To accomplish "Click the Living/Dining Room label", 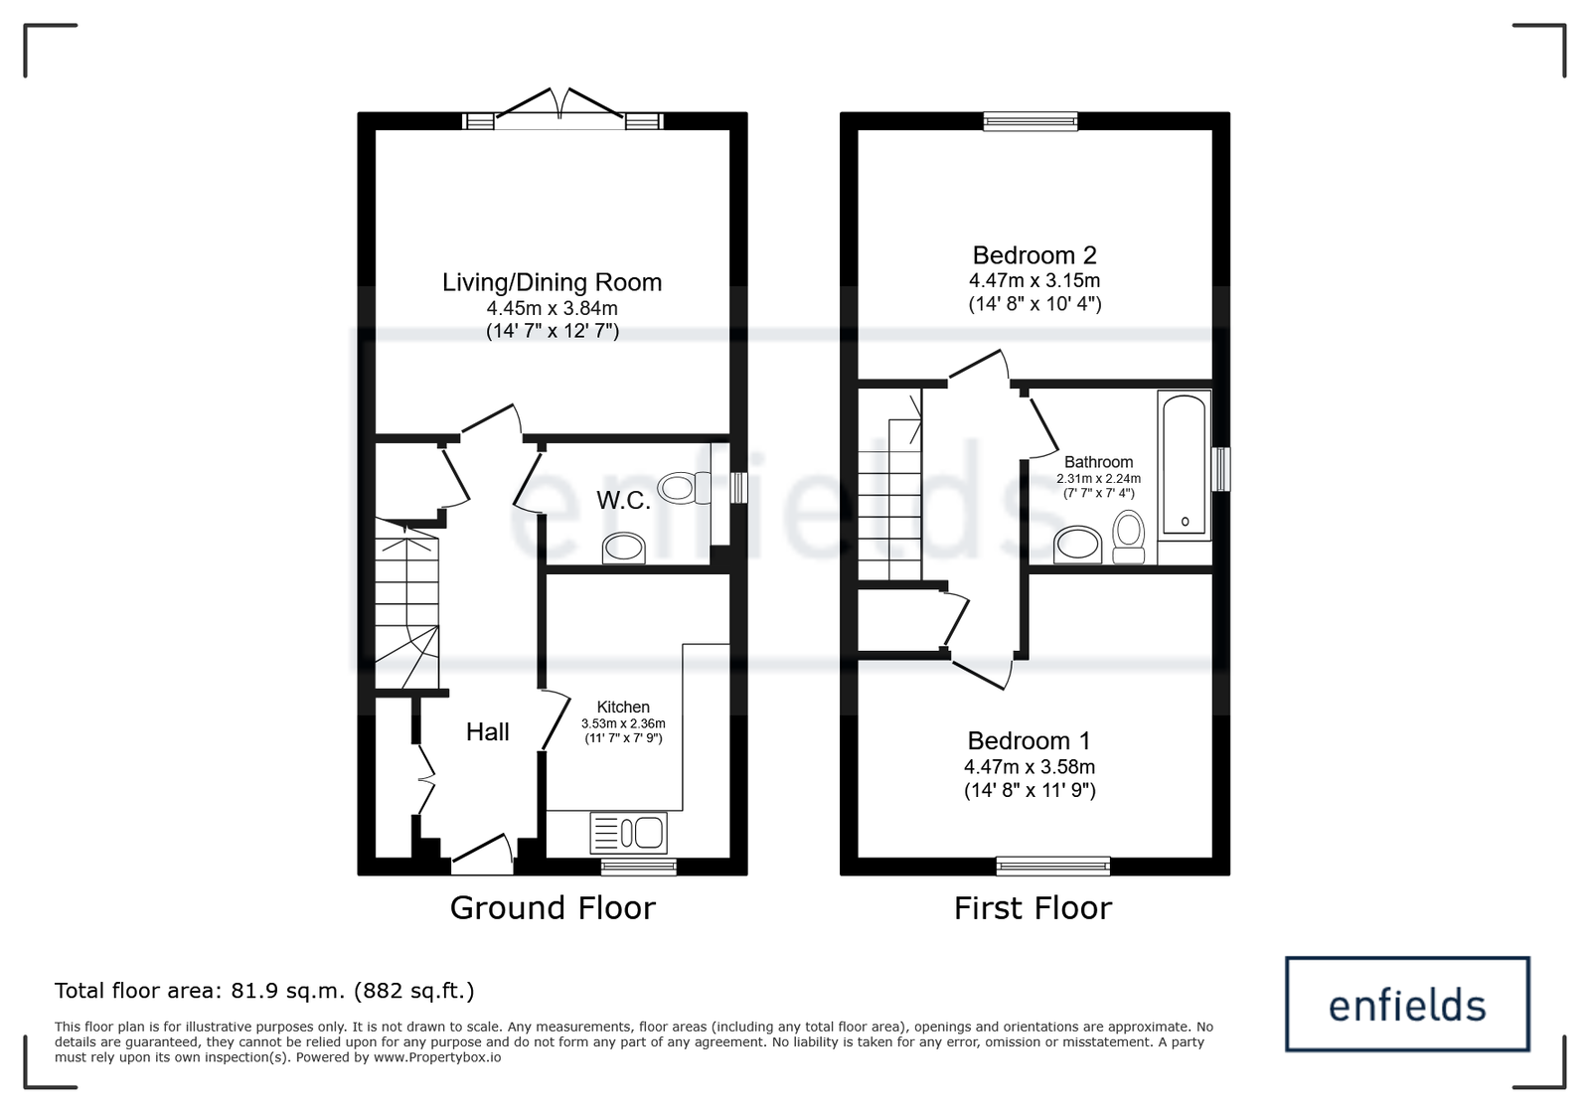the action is point(552,282).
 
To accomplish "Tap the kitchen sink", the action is point(628,833).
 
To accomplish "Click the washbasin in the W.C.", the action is point(624,549).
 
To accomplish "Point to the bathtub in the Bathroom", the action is point(1184,465).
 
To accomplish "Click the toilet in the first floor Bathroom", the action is point(1129,537).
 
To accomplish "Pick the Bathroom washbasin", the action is point(1078,545).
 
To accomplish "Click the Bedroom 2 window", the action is point(1030,121).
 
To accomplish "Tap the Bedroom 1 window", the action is point(1053,866).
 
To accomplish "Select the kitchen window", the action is point(638,866).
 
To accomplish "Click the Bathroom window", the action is point(1221,469).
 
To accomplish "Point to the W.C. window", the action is point(738,488).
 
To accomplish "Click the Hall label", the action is point(488,731).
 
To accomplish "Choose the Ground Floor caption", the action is point(553,907).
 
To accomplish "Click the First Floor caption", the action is point(1033,907).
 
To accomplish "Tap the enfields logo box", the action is point(1407,1005).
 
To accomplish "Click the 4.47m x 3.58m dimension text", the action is point(1030,766).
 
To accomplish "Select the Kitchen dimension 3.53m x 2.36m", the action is point(623,723).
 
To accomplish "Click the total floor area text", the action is point(264,990).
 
